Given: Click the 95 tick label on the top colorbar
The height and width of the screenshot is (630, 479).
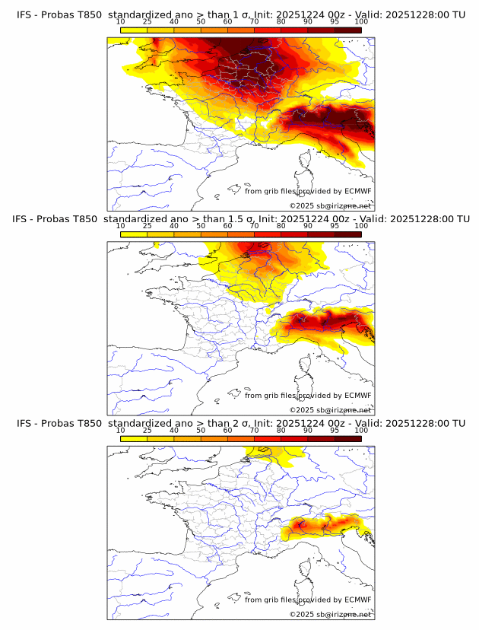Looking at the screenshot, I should [335, 22].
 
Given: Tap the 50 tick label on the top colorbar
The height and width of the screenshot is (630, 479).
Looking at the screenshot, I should [201, 22].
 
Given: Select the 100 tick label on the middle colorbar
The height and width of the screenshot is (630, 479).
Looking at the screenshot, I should [361, 226].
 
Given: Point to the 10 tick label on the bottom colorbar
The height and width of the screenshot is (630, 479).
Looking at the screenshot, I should [120, 430].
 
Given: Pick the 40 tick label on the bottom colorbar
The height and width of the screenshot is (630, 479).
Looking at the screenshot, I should [174, 430].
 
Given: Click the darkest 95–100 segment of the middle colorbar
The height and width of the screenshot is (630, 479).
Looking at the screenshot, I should [348, 234].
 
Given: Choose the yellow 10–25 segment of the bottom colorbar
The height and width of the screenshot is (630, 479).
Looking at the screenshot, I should [134, 437].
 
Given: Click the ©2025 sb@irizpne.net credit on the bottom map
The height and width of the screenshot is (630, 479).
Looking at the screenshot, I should [331, 614].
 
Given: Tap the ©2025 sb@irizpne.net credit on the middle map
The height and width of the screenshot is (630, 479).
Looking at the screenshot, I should [331, 410].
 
